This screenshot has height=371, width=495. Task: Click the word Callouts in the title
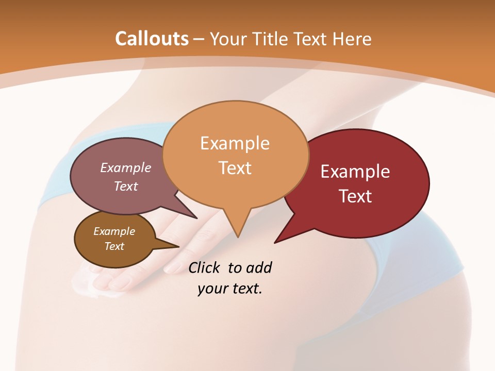point(152,39)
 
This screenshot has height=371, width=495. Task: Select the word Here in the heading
point(353,39)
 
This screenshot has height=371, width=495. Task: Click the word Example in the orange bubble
point(235,143)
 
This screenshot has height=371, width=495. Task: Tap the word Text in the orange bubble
point(235,168)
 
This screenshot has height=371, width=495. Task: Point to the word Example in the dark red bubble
point(355,172)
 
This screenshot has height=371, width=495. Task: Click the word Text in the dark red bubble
point(355,196)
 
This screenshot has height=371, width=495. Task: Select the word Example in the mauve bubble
point(126,167)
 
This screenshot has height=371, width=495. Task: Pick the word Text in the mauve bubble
point(126,186)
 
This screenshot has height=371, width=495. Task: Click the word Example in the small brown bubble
point(114,231)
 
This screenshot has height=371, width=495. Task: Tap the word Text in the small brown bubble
point(114,246)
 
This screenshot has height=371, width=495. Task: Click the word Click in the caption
point(205,267)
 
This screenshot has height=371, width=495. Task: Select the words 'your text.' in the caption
point(230,289)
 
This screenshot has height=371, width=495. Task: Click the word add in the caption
point(259,267)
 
